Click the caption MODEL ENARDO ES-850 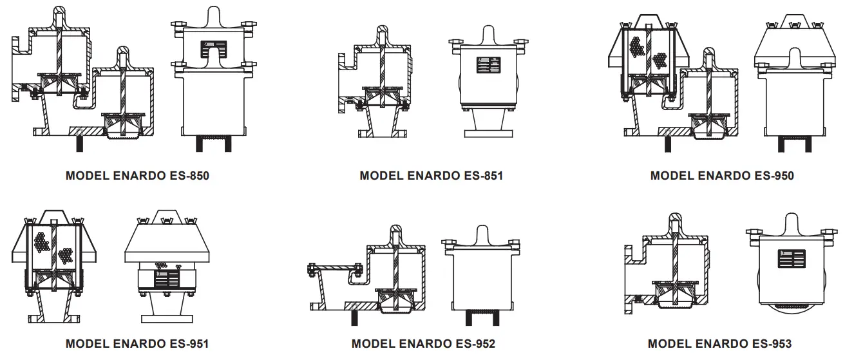point(137,175)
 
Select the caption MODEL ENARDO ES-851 point(431,175)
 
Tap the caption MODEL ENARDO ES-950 point(722,175)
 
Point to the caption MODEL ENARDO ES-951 point(137,343)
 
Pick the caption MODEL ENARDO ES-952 point(423,343)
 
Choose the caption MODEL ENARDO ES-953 point(719,343)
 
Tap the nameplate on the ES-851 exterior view point(488,65)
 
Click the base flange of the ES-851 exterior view point(488,134)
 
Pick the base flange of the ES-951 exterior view point(167,318)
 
